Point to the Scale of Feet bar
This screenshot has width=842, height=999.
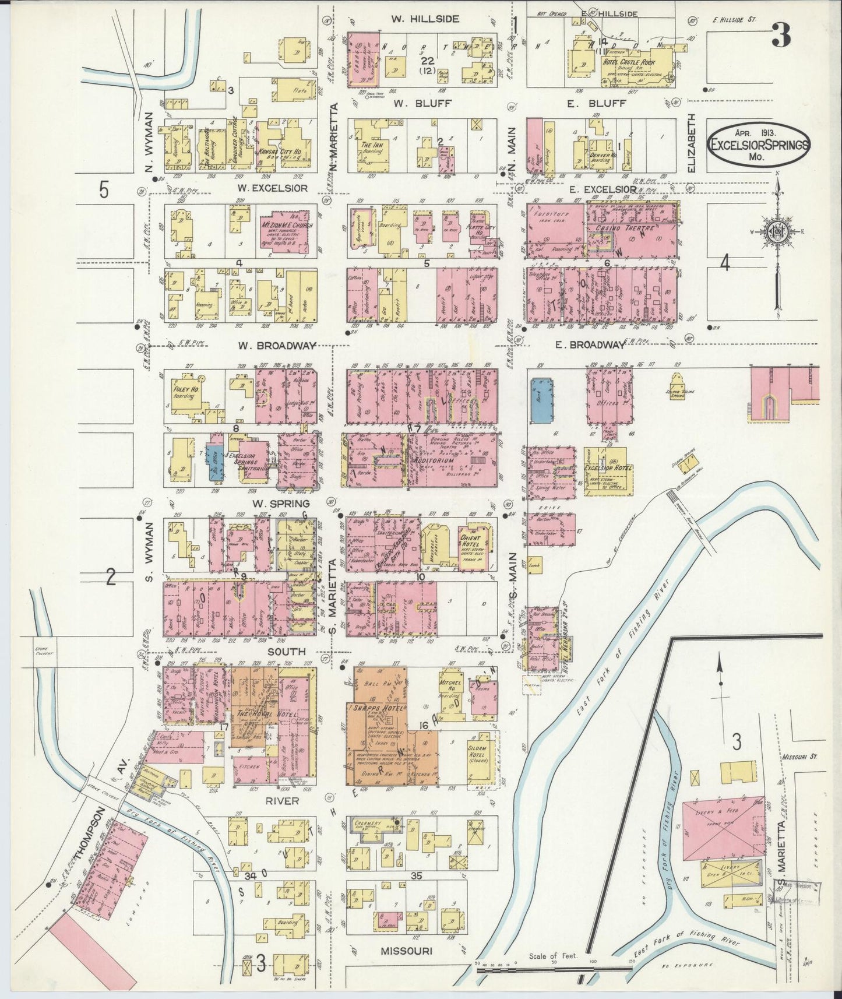click(x=554, y=969)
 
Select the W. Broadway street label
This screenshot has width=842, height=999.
click(x=277, y=346)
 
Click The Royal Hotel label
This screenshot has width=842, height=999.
click(x=259, y=715)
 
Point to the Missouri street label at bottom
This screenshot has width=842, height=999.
click(x=406, y=951)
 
